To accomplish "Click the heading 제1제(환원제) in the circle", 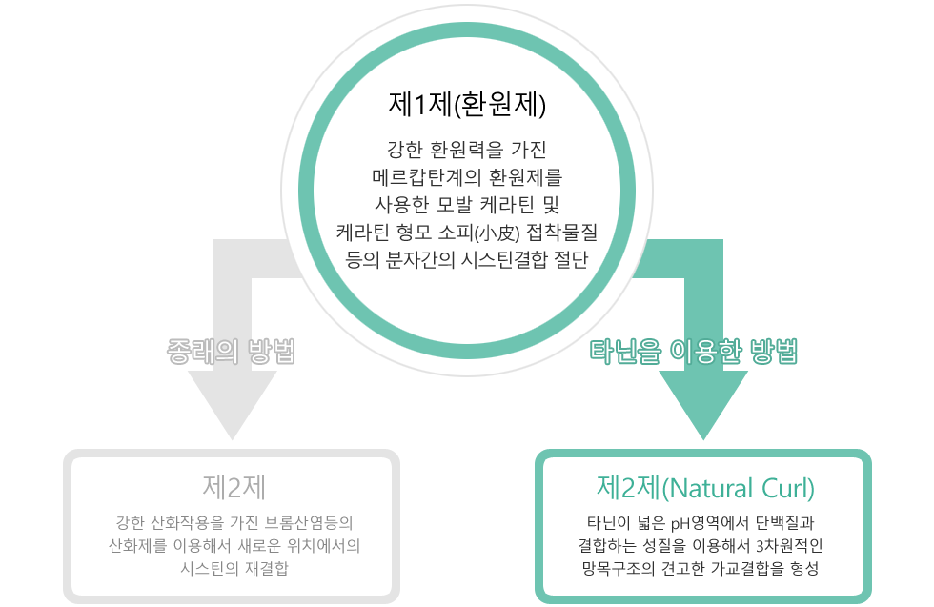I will coord(466,102).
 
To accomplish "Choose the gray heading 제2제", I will coord(233,487).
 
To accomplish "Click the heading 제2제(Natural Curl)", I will coord(705,488).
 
